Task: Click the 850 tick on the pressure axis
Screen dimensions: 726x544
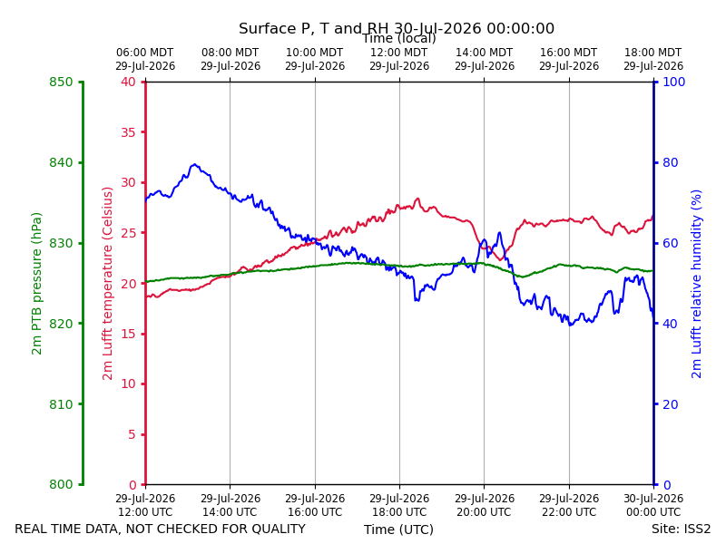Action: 61,82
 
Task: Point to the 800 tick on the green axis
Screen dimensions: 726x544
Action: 61,484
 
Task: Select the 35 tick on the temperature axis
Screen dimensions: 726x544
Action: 128,132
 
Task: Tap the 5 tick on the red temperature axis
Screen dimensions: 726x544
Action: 132,434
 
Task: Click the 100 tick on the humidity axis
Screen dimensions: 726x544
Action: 674,82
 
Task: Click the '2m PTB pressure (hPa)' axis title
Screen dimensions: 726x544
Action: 36,284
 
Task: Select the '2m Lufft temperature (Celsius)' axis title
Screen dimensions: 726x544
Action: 107,284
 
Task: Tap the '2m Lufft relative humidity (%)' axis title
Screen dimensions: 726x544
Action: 696,284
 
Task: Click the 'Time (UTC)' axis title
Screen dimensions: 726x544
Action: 398,529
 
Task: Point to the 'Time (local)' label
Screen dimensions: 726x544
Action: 398,38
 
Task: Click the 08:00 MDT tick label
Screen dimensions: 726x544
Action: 231,59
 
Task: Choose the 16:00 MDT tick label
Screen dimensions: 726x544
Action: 569,59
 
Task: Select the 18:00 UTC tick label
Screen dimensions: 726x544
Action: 399,505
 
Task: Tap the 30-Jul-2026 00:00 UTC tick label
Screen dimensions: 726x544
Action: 653,505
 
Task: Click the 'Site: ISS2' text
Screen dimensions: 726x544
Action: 681,529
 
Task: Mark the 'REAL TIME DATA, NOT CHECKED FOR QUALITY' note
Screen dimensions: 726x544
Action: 161,529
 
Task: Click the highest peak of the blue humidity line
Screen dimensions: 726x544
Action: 195,164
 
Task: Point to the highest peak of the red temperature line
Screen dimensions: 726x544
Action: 417,199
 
